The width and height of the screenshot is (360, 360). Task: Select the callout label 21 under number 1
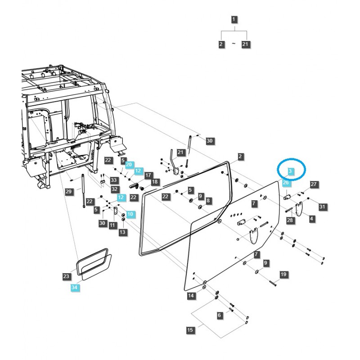coord(246,44)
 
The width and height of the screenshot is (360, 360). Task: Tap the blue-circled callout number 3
coord(290,171)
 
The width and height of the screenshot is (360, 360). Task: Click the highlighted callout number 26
coord(286,183)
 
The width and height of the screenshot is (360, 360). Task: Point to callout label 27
coord(314,184)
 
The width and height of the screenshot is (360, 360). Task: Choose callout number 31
coord(322,207)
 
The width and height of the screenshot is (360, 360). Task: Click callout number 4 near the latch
coord(311,219)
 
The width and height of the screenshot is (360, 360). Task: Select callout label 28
coord(290,220)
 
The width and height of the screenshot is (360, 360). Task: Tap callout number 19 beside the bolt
coord(283,274)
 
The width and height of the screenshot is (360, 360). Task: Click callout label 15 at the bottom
coord(190,330)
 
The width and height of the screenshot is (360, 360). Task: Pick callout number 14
coord(191,296)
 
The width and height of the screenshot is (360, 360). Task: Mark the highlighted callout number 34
coord(74,287)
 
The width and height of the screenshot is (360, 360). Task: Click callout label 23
coord(66,276)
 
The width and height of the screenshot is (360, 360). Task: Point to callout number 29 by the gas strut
coord(68,192)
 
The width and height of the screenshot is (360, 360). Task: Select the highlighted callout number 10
coord(130,214)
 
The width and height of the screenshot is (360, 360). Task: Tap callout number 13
coord(122,232)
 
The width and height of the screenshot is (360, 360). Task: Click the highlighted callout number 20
coord(129,165)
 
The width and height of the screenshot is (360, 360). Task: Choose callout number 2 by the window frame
coord(241,157)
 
